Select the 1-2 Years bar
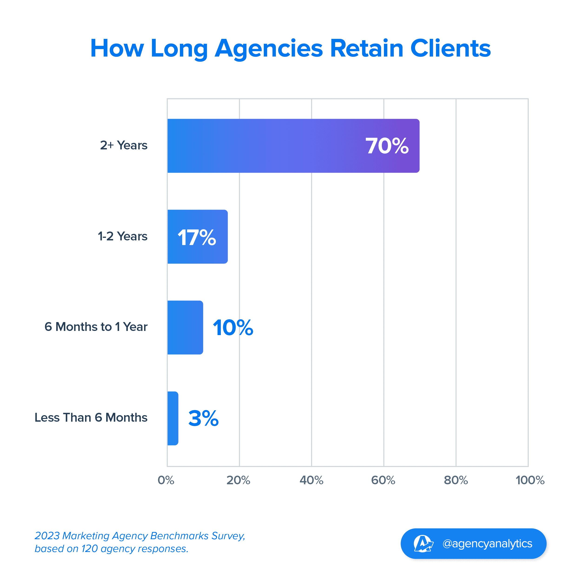pos(197,236)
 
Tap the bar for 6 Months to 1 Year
pos(185,327)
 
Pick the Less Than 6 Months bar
pos(173,418)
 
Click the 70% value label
pos(387,146)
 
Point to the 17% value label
pos(197,238)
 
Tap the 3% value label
pos(203,418)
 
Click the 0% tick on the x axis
pos(166,480)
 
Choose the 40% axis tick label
pos(311,480)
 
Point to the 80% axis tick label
pos(456,480)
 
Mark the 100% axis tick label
pos(530,480)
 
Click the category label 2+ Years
pos(124,145)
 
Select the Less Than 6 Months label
pos(91,417)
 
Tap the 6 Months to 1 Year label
pos(96,327)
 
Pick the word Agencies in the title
pos(269,49)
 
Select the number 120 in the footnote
pos(90,549)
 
